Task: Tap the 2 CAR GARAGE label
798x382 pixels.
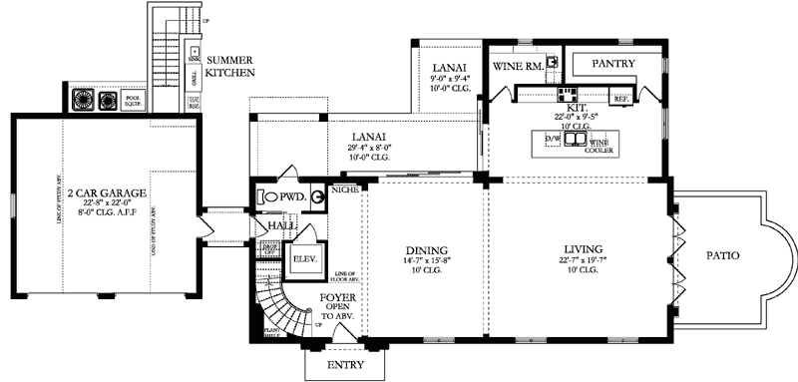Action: coord(103,191)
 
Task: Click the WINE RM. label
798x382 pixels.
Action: coord(519,65)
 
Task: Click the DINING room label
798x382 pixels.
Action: coord(426,250)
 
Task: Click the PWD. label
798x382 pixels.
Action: coord(291,197)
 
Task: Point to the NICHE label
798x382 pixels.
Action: coord(345,189)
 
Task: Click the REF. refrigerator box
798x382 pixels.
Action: coord(619,99)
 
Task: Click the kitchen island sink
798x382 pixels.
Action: coord(577,139)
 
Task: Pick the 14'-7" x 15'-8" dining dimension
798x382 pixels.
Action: coord(426,263)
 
